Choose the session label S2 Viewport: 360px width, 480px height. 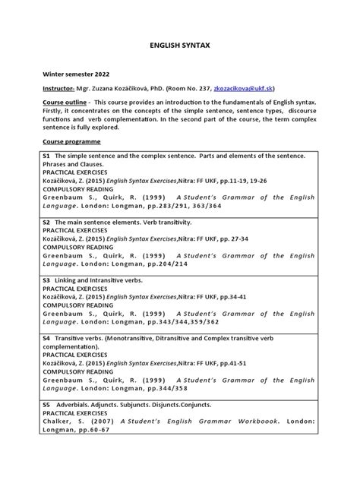coord(46,223)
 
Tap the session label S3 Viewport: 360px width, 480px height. coord(46,279)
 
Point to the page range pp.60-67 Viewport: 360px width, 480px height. coord(90,430)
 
